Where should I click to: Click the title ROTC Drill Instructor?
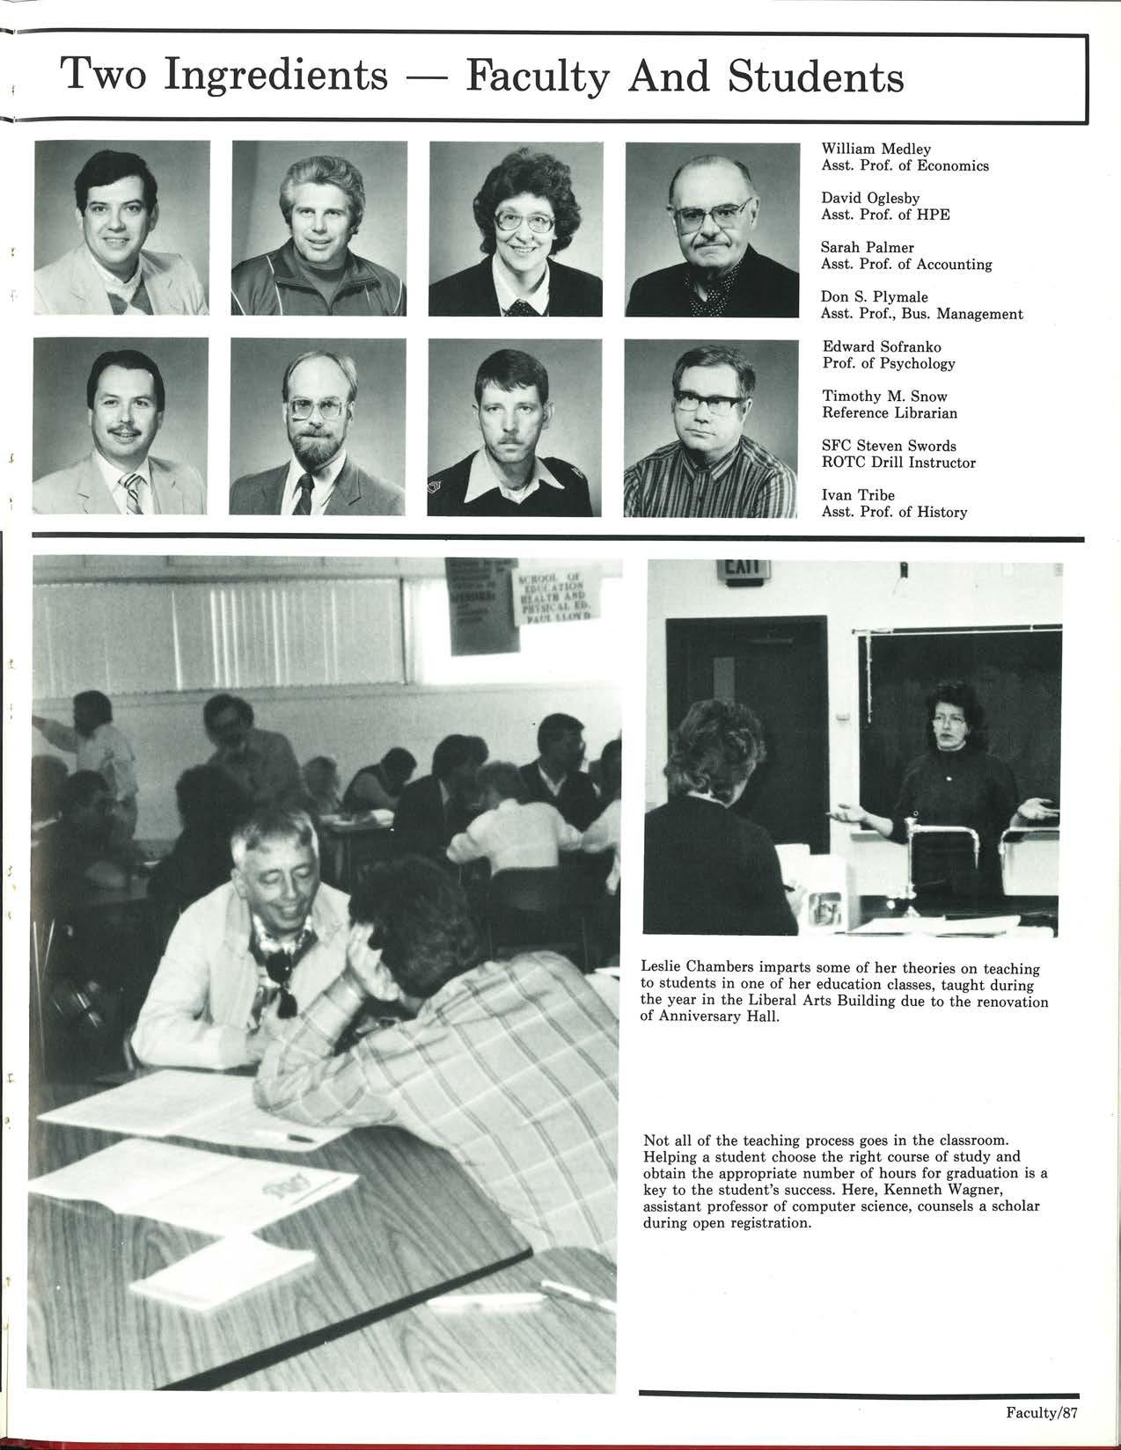898,463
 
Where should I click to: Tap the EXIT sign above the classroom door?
744,571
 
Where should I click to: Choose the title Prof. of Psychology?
888,364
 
